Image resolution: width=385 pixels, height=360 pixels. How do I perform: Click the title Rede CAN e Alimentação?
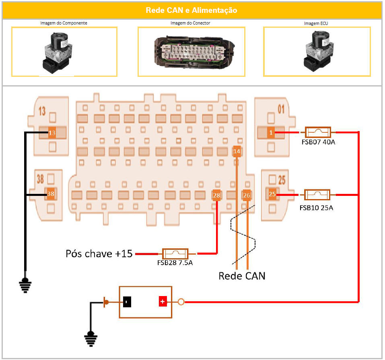[191, 10]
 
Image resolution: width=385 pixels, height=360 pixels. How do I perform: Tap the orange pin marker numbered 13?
[51, 133]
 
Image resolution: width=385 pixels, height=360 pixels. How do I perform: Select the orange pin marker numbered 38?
[51, 194]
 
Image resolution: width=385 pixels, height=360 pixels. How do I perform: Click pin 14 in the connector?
[237, 152]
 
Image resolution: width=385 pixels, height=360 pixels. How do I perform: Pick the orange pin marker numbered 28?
[216, 195]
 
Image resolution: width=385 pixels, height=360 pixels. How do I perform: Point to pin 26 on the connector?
[247, 195]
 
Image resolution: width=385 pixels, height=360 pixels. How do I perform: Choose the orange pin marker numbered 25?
[272, 194]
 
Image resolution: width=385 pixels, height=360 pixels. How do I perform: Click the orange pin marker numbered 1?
[271, 132]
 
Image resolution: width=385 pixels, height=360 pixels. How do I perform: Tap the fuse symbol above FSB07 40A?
[318, 132]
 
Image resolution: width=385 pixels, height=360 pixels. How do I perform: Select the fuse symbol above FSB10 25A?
[317, 195]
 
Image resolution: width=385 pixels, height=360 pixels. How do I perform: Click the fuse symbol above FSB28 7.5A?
[175, 254]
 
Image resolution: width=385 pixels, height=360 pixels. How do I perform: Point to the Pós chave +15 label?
[99, 254]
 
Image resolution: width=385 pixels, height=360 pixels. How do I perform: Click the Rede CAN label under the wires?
[242, 276]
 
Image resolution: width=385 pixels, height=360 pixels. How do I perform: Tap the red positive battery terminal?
[163, 302]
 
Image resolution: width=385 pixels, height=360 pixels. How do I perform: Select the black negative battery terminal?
[127, 302]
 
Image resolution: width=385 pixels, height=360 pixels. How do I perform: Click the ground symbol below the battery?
[91, 338]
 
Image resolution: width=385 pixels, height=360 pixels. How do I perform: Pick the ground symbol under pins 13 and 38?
[25, 285]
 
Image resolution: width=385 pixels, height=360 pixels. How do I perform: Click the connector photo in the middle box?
[191, 51]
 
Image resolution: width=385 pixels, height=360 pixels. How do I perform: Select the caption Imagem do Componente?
[64, 23]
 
